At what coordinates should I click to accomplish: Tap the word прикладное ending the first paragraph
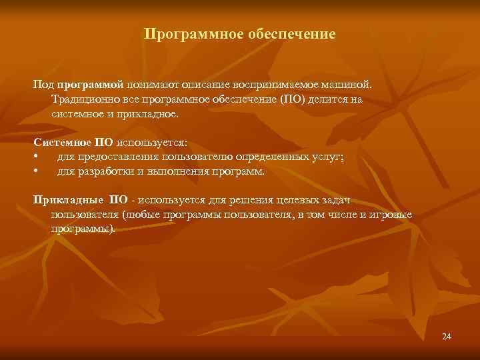click(151, 114)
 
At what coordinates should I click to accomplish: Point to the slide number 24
click(447, 336)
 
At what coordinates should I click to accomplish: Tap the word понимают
click(148, 85)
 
